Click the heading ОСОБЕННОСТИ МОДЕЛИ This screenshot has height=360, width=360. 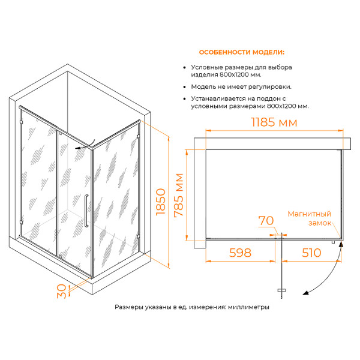click(242, 52)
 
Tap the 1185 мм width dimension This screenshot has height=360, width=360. click(274, 122)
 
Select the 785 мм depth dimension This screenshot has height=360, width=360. click(179, 195)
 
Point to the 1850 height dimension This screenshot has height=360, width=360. click(161, 202)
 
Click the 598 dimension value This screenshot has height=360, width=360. click(240, 253)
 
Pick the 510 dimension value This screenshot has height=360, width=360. click(311, 253)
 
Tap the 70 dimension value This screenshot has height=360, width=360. click(266, 221)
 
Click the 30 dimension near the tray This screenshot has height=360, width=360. click(62, 291)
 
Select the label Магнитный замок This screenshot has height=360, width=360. click(310, 218)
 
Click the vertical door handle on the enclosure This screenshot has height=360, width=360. click(86, 211)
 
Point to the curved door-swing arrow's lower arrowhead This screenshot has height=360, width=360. click(305, 293)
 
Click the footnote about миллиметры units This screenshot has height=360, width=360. click(192, 307)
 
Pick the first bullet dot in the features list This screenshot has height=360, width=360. click(184, 67)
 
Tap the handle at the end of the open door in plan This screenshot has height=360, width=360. click(282, 290)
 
